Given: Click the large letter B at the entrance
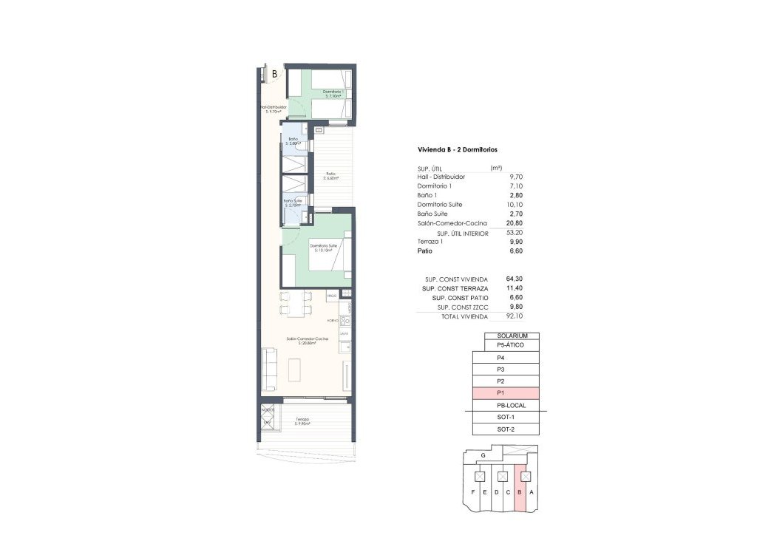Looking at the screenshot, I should (274, 74).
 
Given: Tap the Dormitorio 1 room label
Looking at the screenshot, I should (333, 93).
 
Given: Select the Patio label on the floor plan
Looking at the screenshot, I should (330, 175).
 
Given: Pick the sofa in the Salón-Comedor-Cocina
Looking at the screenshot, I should (269, 369).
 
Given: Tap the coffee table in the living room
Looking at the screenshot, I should (295, 369).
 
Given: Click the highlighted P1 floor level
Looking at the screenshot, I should (506, 393).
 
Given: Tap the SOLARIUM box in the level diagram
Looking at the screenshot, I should (512, 336).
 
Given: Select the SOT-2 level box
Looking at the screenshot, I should (506, 429).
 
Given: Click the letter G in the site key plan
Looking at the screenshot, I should (483, 455).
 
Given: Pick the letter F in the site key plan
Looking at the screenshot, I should (472, 492).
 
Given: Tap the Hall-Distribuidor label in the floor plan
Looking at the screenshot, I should (273, 108).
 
